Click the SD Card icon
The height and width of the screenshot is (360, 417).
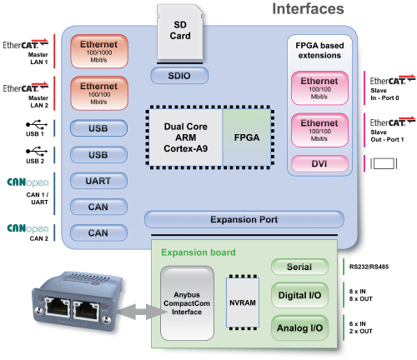pos(180,32)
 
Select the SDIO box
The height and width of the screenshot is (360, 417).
pos(179,76)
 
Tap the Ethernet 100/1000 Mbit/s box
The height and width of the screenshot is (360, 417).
pos(99,52)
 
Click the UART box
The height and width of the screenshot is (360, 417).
pos(98,181)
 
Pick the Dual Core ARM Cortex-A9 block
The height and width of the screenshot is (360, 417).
pos(185,137)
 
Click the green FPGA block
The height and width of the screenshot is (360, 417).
pos(247,137)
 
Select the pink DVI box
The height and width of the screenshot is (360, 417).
pos(319,163)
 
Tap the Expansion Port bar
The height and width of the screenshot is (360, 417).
pos(244,219)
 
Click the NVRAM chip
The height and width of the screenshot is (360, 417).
pos(243,302)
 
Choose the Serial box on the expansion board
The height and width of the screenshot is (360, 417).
pos(299,267)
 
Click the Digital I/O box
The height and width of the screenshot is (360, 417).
pos(299,295)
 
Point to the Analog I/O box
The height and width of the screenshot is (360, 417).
pos(299,327)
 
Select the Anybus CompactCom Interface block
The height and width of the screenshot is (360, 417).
pos(187,303)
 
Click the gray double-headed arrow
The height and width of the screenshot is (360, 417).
pos(142,312)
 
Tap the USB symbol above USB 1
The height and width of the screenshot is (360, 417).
pos(37,124)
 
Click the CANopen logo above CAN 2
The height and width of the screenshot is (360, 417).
pos(28,228)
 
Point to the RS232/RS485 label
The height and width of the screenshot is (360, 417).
pos(369,267)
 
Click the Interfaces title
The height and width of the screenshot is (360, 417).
pos(308,9)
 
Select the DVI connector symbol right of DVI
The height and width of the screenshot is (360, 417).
pos(384,163)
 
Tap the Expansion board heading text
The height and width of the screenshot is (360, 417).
pos(198,252)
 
